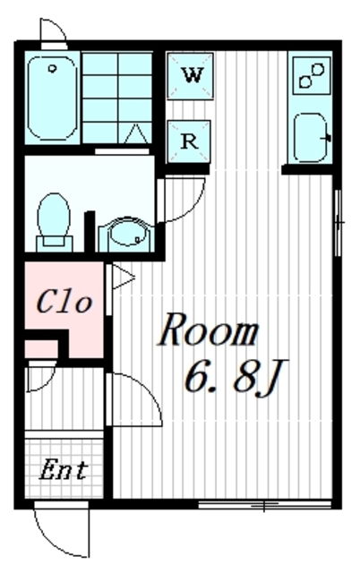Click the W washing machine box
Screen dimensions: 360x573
pos(190,75)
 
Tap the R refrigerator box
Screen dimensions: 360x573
pos(189,141)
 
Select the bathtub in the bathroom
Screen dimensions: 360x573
pos(52,98)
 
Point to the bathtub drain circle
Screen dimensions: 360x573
pos(53,68)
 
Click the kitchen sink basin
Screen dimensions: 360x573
pos(312,138)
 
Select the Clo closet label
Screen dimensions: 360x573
pos(64,302)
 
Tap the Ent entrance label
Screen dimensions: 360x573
pos(64,470)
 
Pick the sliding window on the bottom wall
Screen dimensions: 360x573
pos(264,505)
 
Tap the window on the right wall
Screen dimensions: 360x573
pos(339,223)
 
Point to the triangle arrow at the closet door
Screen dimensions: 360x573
pos(123,278)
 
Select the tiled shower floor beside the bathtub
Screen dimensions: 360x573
pos(117,98)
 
